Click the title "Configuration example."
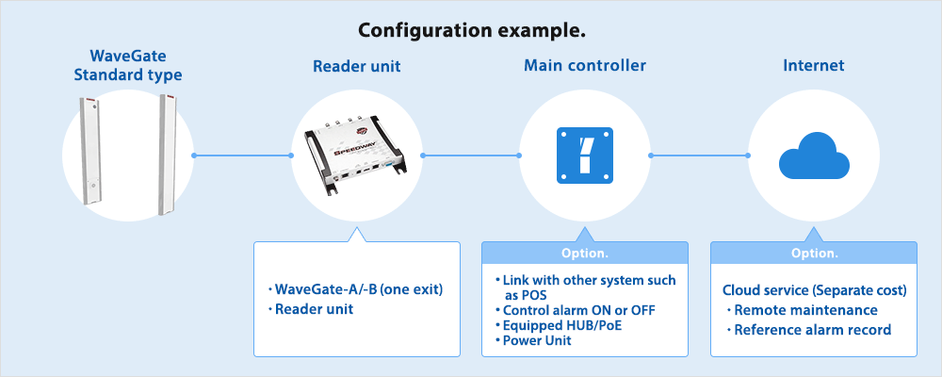tap(472, 30)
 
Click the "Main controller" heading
tap(585, 66)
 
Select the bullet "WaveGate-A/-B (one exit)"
tap(357, 289)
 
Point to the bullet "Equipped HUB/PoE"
tap(561, 325)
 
